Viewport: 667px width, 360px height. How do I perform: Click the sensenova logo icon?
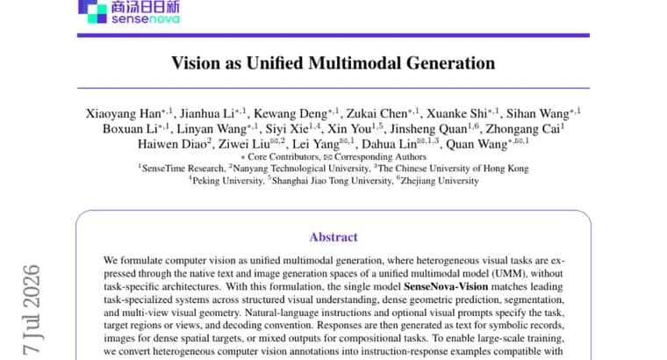pos(92,11)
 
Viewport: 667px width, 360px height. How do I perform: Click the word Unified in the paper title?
pos(276,63)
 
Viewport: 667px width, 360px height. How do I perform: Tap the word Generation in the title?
pos(450,63)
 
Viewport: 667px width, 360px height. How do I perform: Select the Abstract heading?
pos(333,237)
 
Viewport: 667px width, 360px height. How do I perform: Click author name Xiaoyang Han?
pos(124,113)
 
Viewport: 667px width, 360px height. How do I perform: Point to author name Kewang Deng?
pos(290,113)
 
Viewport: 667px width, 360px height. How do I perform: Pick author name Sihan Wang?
pos(538,113)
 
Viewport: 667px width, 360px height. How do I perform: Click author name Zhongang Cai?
pos(523,129)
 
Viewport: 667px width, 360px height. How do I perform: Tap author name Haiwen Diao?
pos(172,144)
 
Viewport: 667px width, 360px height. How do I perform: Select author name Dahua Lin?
pos(389,144)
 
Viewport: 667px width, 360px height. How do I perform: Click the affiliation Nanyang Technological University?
pos(301,169)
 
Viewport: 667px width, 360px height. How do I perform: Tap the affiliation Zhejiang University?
pos(440,181)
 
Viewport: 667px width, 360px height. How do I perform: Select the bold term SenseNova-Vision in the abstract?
pos(446,286)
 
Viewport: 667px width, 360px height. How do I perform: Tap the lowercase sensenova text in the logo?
pos(146,18)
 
